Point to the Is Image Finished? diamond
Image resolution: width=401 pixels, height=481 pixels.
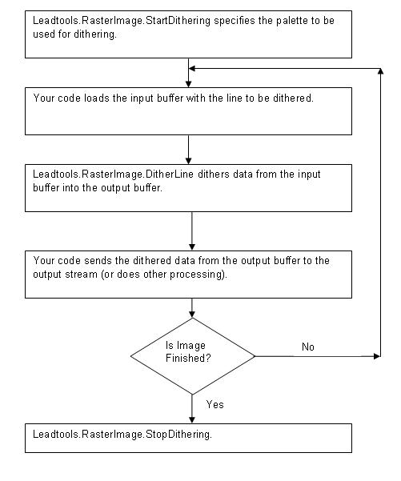[193, 355]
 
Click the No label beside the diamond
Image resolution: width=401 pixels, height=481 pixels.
[308, 347]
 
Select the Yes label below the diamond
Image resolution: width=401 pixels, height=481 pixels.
[215, 404]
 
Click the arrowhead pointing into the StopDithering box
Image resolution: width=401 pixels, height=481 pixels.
[193, 419]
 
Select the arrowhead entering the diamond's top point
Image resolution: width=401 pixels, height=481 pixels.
[193, 313]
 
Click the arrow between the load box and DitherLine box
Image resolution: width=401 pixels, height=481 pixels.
[188, 148]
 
